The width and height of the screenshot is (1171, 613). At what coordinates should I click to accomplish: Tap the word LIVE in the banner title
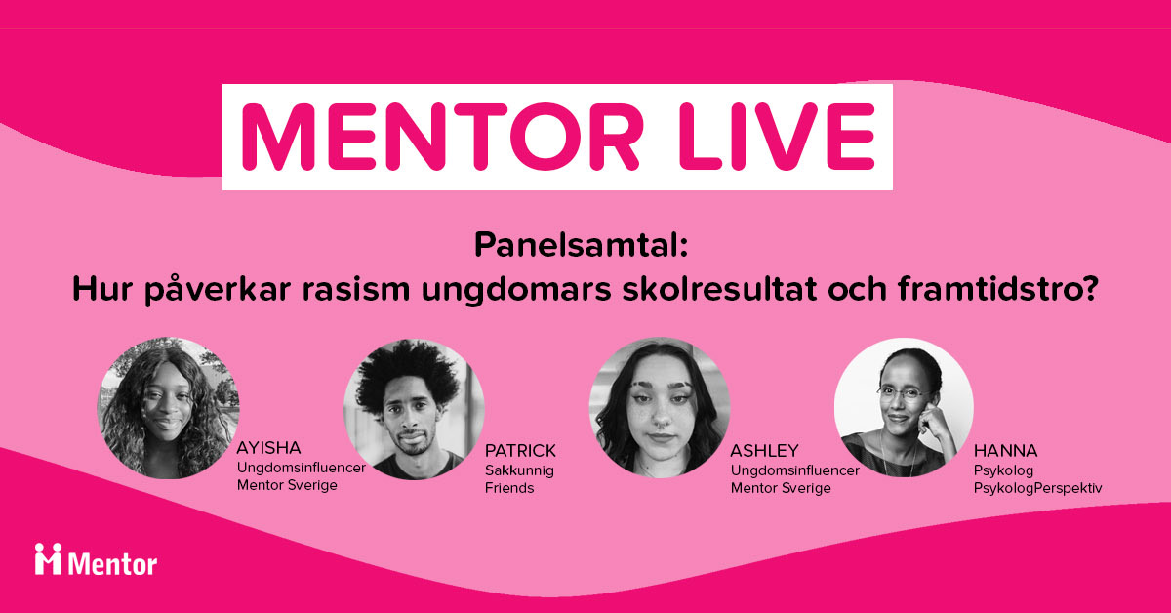(x=777, y=137)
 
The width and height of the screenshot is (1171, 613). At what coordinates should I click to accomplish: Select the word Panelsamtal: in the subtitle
(x=581, y=245)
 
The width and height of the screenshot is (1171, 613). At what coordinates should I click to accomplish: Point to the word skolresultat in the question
(x=719, y=289)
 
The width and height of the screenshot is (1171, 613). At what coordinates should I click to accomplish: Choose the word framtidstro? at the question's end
(x=998, y=289)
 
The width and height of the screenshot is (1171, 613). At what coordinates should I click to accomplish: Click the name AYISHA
(x=268, y=448)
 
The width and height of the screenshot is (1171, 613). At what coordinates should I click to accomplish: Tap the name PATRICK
(x=520, y=450)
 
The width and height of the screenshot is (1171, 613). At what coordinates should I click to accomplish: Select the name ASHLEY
(x=764, y=450)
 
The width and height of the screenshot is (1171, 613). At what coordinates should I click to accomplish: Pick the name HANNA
(x=1005, y=450)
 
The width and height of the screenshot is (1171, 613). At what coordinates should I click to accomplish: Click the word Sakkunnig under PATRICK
(x=519, y=470)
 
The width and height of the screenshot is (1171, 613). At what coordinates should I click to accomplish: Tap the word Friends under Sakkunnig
(x=509, y=488)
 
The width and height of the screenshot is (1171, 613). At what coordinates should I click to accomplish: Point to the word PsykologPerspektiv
(x=1037, y=488)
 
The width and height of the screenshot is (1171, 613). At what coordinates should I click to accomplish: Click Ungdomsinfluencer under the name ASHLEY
(x=794, y=470)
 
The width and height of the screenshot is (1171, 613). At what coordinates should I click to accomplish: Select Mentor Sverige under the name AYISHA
(x=287, y=485)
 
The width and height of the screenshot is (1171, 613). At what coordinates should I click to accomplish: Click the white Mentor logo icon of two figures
(x=48, y=558)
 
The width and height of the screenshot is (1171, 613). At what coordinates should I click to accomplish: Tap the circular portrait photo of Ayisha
(x=168, y=408)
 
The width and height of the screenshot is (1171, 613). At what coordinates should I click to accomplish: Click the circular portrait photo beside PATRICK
(x=414, y=409)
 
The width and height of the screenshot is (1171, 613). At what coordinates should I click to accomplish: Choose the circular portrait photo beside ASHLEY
(x=660, y=407)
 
